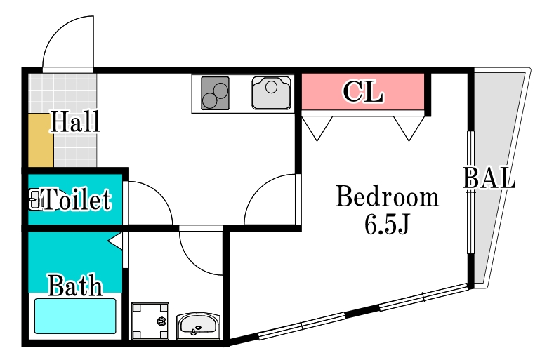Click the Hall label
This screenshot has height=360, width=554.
[x=74, y=123]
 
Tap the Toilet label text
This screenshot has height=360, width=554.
[x=76, y=201]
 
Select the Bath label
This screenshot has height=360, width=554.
[x=74, y=286]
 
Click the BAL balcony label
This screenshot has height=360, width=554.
[x=489, y=179]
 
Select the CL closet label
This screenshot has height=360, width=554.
[x=363, y=92]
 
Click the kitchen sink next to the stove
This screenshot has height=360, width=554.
[x=271, y=93]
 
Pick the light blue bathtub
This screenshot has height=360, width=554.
[x=75, y=316]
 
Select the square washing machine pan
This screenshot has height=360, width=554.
[x=150, y=321]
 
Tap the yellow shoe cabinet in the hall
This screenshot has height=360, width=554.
[x=41, y=141]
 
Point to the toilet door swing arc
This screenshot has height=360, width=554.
[x=150, y=203]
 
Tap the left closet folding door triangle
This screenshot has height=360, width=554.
[x=318, y=127]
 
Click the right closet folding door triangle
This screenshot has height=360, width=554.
[x=409, y=127]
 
